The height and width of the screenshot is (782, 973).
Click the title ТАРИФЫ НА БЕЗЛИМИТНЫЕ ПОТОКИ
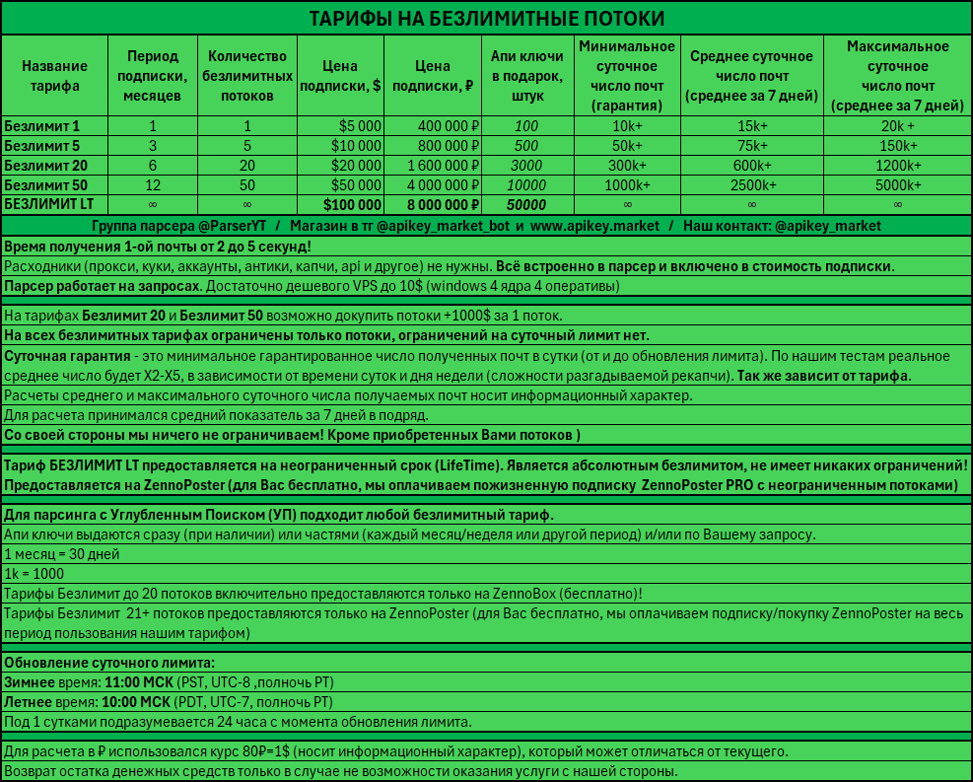(486, 19)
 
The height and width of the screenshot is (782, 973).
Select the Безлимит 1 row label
(42, 126)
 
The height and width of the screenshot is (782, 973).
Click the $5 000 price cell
(359, 126)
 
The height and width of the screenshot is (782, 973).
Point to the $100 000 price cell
(352, 205)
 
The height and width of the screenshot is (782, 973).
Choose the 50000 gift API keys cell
(526, 205)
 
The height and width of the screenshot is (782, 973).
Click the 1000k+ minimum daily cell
(627, 185)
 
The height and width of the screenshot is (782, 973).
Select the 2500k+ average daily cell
(751, 185)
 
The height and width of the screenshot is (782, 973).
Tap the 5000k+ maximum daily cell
(897, 185)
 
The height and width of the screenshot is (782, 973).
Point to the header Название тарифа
(54, 76)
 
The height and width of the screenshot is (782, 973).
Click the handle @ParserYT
(240, 226)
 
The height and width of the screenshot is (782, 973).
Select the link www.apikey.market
(594, 226)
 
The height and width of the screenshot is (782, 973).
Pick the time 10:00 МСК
(134, 702)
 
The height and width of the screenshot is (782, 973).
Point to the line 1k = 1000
(35, 574)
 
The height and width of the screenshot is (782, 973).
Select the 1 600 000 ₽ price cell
(435, 166)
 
